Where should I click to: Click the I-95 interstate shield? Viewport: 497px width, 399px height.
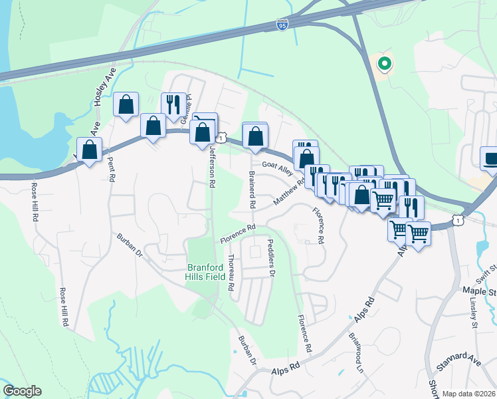click(282, 25)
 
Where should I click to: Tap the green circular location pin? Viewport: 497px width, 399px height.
click(384, 64)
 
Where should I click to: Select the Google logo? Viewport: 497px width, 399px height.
click(22, 391)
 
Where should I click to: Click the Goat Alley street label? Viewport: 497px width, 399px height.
click(277, 168)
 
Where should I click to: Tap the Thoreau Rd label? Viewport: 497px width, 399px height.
click(231, 273)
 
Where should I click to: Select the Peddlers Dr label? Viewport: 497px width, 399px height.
click(271, 257)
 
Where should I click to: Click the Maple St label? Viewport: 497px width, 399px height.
click(479, 291)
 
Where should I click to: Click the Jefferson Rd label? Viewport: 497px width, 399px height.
click(213, 164)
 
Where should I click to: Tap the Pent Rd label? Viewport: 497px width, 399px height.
click(111, 170)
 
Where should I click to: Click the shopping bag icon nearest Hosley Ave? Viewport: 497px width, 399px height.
click(125, 105)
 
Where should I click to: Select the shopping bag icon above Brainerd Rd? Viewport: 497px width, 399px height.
click(255, 136)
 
